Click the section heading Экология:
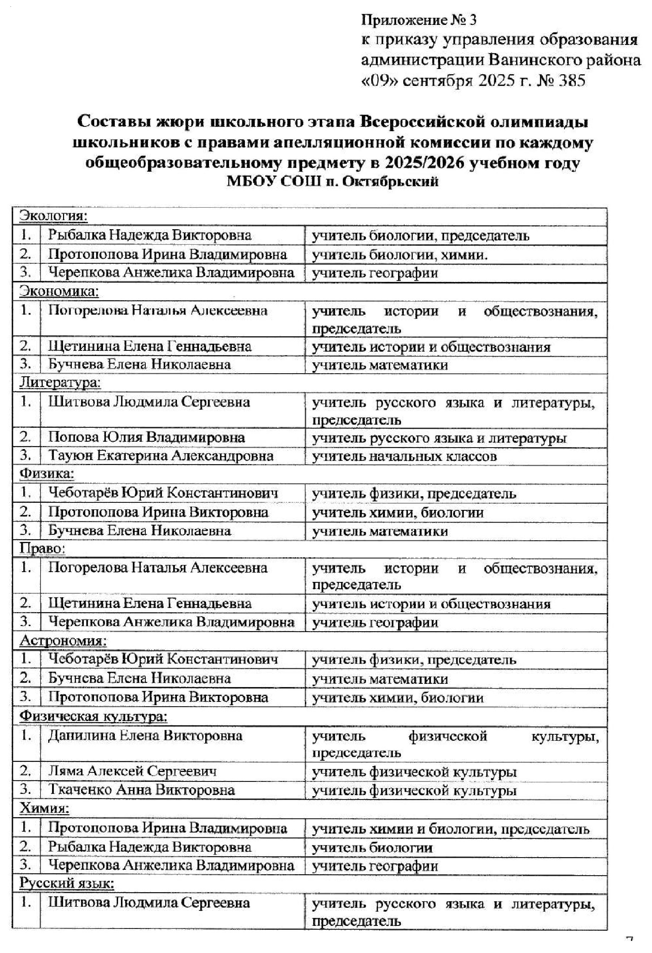(54, 216)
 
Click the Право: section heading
(43, 549)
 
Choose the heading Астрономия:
(63, 641)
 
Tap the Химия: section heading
(45, 808)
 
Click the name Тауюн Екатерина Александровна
(161, 456)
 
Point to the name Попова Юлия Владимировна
(147, 437)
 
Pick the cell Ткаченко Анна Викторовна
(142, 790)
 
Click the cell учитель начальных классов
(404, 456)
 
